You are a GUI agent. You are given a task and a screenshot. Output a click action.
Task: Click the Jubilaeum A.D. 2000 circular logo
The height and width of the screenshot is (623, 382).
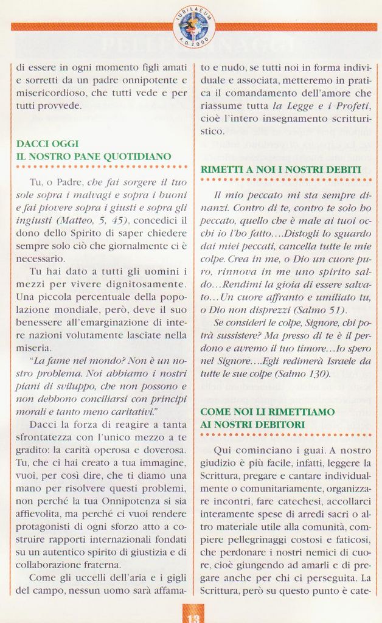(194, 26)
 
